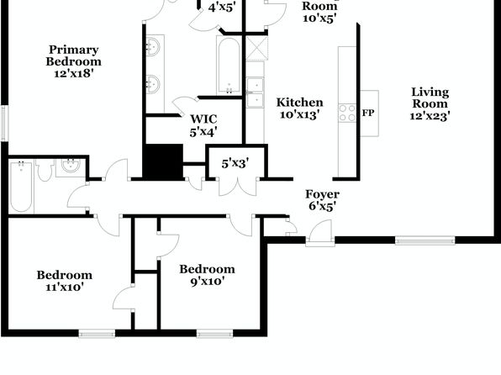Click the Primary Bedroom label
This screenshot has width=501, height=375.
[x=73, y=55]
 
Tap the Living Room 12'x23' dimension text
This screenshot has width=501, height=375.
[x=430, y=116]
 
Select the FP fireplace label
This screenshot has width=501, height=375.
[x=368, y=113]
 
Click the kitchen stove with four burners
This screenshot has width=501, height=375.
[x=347, y=113]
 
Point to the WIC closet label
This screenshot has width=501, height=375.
[x=203, y=119]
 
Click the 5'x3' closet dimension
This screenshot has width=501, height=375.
[x=235, y=163]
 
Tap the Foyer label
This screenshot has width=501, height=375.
[x=322, y=194]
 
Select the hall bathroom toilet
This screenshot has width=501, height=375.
[x=45, y=169]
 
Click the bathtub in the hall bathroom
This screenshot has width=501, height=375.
[x=21, y=187]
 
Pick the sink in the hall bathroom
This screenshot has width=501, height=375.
[x=71, y=167]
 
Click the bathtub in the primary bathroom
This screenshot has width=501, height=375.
[x=229, y=66]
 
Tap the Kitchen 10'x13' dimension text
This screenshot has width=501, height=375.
[x=300, y=114]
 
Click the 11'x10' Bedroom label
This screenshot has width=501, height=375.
[x=65, y=281]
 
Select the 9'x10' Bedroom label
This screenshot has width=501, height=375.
[x=207, y=275]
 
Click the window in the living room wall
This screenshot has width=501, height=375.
[x=425, y=240]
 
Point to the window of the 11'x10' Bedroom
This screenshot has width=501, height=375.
[x=97, y=334]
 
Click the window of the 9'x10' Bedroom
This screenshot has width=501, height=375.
[x=214, y=334]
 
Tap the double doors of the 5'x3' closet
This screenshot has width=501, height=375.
[x=237, y=187]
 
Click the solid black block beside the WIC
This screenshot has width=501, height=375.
[x=162, y=161]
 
